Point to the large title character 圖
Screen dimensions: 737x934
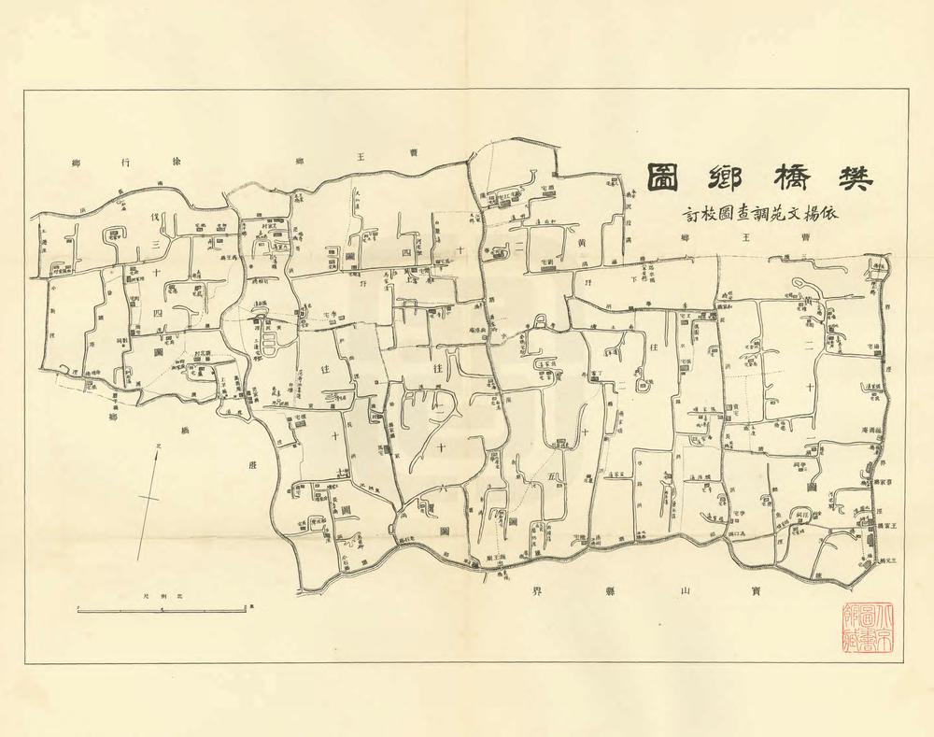click(665, 177)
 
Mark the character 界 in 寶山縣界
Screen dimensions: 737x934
click(537, 592)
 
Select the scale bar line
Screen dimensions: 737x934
click(163, 609)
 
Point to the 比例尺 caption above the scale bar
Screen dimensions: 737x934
click(163, 595)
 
